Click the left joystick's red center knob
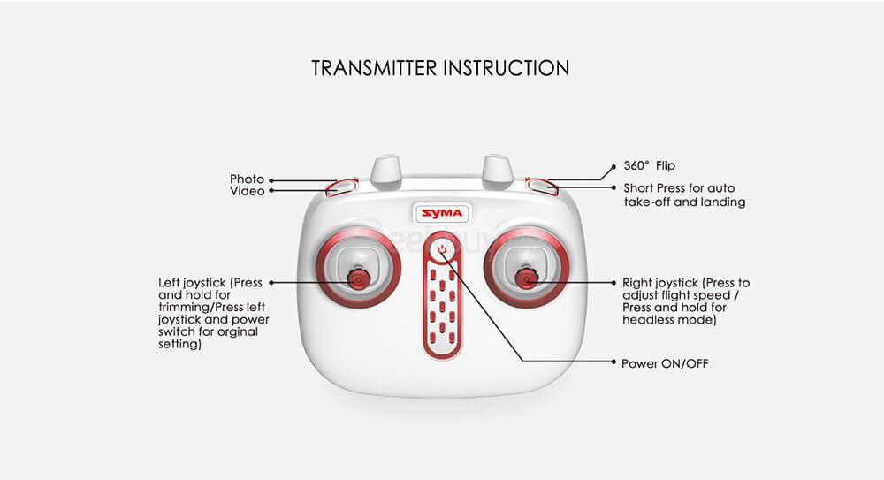click(359, 280)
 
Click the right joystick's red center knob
click(526, 280)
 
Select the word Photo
click(247, 179)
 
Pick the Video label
click(247, 191)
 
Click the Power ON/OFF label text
click(664, 363)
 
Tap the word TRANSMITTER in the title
click(373, 68)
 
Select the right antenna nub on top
click(498, 170)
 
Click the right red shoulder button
click(543, 186)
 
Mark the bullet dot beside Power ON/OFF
click(614, 362)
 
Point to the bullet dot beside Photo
click(271, 179)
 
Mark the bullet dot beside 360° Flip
click(615, 165)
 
